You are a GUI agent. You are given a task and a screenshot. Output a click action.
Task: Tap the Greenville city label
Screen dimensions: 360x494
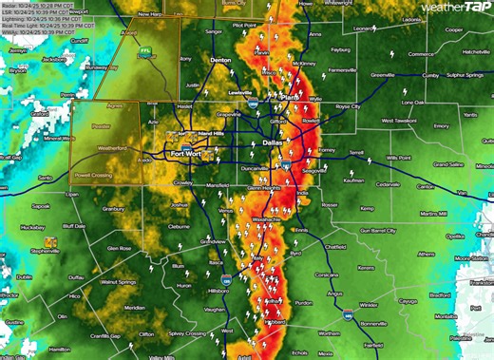pyautogui.click(x=383, y=73)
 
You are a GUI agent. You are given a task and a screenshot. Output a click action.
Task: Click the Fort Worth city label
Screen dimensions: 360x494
pyautogui.click(x=187, y=153)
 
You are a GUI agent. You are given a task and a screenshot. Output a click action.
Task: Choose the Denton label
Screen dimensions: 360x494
pyautogui.click(x=220, y=60)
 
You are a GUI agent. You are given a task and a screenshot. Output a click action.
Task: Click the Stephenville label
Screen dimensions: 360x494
pyautogui.click(x=45, y=251)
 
